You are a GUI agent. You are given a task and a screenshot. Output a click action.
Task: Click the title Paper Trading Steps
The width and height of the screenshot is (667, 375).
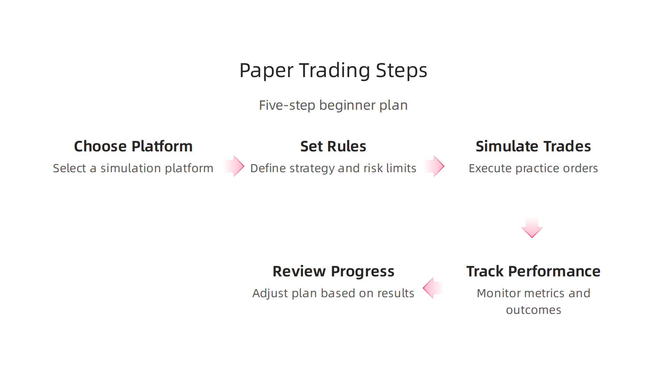333,70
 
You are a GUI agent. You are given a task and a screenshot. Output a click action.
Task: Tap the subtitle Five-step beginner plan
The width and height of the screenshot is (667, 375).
333,105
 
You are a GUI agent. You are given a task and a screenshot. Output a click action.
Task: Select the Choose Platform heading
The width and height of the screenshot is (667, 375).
133,146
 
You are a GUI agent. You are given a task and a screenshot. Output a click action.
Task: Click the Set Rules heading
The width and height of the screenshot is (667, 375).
333,146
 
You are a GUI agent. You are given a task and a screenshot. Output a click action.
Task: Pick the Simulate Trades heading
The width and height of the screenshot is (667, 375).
533,146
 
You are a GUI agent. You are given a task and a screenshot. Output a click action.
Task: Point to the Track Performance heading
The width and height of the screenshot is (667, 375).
533,271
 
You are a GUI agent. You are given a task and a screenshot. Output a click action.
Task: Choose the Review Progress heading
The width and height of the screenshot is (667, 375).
333,271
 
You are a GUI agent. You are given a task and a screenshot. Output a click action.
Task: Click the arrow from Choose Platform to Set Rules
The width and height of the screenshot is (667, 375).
234,166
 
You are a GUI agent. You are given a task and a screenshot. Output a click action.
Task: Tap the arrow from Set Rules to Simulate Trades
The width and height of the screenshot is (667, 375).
435,166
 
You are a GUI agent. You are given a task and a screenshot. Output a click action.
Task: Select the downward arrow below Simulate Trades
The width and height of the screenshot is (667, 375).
532,228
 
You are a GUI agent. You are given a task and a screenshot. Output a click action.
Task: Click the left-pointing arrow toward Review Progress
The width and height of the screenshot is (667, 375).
433,288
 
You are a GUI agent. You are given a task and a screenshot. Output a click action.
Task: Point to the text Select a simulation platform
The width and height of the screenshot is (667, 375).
133,168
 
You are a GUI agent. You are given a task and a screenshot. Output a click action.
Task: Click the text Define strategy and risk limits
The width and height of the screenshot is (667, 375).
333,168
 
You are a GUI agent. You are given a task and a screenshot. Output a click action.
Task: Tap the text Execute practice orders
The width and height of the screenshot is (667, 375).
533,168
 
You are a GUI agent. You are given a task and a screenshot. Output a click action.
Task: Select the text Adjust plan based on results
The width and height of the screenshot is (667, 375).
333,293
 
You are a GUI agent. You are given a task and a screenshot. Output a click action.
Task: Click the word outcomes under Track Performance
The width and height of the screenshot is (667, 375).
533,310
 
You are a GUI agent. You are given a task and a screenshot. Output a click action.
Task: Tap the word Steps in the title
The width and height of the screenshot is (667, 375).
401,70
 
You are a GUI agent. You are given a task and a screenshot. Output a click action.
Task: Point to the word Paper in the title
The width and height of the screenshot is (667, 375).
266,70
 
